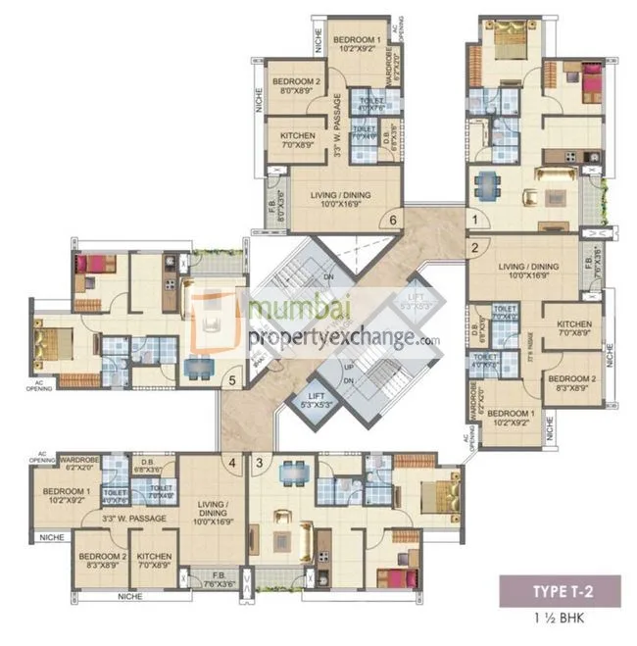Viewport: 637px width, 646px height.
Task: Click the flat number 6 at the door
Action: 392,220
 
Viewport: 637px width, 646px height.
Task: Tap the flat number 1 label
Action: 473,222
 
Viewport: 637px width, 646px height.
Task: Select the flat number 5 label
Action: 232,380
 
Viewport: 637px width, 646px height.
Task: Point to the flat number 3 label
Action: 260,462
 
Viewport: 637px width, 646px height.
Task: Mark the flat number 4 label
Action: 232,462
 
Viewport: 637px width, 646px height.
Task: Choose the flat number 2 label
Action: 473,248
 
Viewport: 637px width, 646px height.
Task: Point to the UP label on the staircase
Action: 347,366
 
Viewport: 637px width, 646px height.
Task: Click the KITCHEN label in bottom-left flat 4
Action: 154,562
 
